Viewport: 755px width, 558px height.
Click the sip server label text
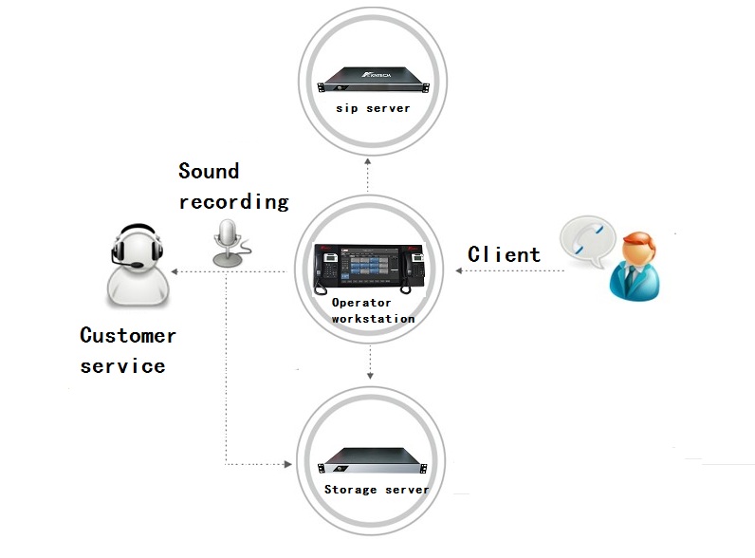click(x=373, y=108)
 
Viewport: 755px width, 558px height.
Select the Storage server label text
click(x=376, y=490)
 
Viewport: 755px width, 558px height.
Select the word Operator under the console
click(x=360, y=303)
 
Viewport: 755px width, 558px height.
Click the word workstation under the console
click(x=373, y=319)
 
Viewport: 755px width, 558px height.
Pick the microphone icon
click(x=227, y=243)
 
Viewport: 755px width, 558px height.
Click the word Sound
click(x=209, y=172)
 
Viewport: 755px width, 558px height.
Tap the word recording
click(x=233, y=201)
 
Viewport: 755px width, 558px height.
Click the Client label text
click(x=504, y=254)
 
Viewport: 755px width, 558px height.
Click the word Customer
click(x=128, y=335)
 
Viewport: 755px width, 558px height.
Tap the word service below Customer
click(x=122, y=365)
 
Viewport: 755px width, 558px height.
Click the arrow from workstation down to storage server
click(x=370, y=365)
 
